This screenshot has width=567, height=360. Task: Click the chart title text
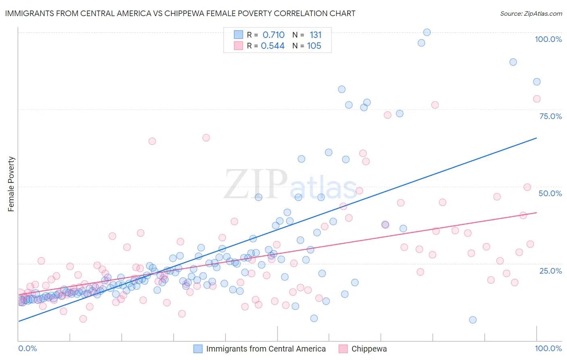[180, 13]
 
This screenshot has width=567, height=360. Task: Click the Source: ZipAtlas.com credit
[531, 13]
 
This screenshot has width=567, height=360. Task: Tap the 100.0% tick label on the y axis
[548, 39]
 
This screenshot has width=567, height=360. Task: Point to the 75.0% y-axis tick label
[550, 116]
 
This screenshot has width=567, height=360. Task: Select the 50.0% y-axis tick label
[550, 193]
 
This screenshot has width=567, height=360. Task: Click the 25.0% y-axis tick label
[550, 271]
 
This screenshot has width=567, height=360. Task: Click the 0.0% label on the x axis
[27, 348]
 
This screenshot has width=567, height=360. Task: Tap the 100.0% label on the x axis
[548, 348]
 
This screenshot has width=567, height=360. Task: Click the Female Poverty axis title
[11, 184]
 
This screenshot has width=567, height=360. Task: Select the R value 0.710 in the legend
[273, 35]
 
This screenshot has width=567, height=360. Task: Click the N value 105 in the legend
[314, 46]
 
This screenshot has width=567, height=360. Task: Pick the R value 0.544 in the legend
[273, 46]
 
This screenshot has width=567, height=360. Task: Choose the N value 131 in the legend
[315, 35]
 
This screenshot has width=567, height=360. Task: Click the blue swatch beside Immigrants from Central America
[198, 349]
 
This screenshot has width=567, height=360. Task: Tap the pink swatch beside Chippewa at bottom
[343, 349]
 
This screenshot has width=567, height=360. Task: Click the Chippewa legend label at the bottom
[369, 349]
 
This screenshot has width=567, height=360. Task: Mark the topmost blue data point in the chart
[427, 32]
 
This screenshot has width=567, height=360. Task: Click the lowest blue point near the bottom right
[473, 320]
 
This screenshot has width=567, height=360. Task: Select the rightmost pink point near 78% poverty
[536, 99]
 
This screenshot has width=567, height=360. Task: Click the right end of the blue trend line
[536, 138]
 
